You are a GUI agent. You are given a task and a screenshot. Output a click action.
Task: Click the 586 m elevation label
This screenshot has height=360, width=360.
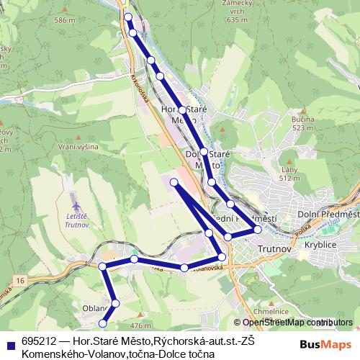pos(64,20)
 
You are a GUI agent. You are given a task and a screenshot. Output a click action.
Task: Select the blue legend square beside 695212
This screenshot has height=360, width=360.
pos(11,343)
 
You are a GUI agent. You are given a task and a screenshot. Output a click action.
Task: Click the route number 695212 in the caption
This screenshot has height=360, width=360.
pos(37,341)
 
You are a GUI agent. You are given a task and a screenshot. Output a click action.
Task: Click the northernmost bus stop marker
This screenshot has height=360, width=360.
pos(127,17)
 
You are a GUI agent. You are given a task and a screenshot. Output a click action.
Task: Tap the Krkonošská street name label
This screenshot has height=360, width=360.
pos(139,87)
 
